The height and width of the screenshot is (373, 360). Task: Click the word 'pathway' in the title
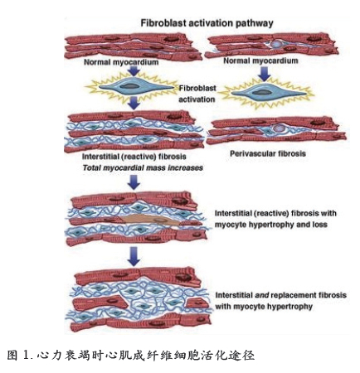pyautogui.click(x=254, y=23)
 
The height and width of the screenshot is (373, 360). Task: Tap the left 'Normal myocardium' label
pyautogui.click(x=121, y=62)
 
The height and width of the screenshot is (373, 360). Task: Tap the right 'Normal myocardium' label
pyautogui.click(x=260, y=61)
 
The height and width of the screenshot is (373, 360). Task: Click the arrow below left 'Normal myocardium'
pyautogui.click(x=134, y=71)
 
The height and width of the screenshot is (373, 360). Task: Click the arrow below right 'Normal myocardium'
pyautogui.click(x=265, y=74)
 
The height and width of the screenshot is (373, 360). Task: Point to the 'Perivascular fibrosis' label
pyautogui.click(x=268, y=153)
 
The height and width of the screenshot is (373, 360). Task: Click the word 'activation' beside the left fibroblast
pyautogui.click(x=197, y=99)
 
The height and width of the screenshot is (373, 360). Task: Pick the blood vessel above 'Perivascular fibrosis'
pyautogui.click(x=279, y=128)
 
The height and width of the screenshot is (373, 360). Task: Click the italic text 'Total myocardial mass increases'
pyautogui.click(x=143, y=167)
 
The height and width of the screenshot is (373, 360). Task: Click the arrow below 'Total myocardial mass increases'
pyautogui.click(x=134, y=182)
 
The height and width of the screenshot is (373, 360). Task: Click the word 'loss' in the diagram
pyautogui.click(x=320, y=225)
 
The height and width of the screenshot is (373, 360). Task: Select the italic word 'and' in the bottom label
pyautogui.click(x=262, y=295)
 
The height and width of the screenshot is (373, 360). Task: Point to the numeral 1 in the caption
pyautogui.click(x=27, y=356)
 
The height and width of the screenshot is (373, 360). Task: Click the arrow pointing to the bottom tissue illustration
pyautogui.click(x=134, y=257)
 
